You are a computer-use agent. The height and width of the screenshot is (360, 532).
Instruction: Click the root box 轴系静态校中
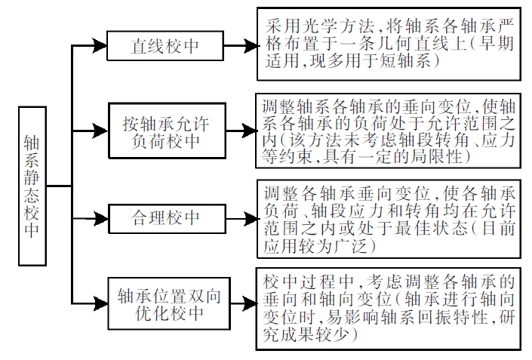[x=31, y=186]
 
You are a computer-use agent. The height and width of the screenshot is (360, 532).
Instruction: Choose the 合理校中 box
[x=165, y=219]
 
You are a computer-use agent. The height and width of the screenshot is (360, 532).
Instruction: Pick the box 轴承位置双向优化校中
[x=165, y=303]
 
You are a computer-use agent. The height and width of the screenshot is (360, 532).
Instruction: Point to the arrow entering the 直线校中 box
[x=89, y=45]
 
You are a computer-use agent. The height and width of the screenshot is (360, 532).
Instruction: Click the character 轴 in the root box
[x=31, y=143]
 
